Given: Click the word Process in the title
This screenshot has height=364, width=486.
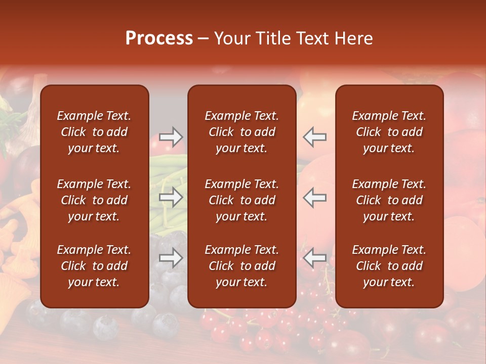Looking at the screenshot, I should (x=159, y=38).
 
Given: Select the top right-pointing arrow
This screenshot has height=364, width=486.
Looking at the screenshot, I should (x=171, y=136).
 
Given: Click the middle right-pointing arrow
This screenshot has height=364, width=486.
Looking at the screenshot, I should (x=171, y=197).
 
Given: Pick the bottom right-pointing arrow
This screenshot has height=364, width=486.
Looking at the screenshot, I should (x=171, y=258).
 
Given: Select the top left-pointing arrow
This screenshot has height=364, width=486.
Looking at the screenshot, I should (x=315, y=136).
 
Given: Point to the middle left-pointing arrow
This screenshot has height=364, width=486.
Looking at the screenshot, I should (x=315, y=197).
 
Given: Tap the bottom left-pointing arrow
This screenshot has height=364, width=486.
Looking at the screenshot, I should (x=315, y=258).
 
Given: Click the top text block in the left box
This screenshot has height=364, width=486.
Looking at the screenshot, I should (x=94, y=132).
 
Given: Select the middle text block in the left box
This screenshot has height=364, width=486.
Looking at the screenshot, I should (x=94, y=200).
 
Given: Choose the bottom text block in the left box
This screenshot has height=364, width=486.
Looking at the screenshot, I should (x=94, y=266).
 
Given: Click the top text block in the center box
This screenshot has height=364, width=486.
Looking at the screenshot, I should (x=242, y=132).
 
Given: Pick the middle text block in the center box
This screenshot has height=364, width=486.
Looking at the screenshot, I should (x=242, y=200).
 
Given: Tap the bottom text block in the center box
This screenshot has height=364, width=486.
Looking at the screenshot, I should (x=242, y=266).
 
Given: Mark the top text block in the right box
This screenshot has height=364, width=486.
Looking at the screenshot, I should (x=389, y=132).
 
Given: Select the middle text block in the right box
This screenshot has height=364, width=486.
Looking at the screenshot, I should (x=389, y=200).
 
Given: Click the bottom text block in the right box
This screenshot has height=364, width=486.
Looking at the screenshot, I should (x=389, y=266).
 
